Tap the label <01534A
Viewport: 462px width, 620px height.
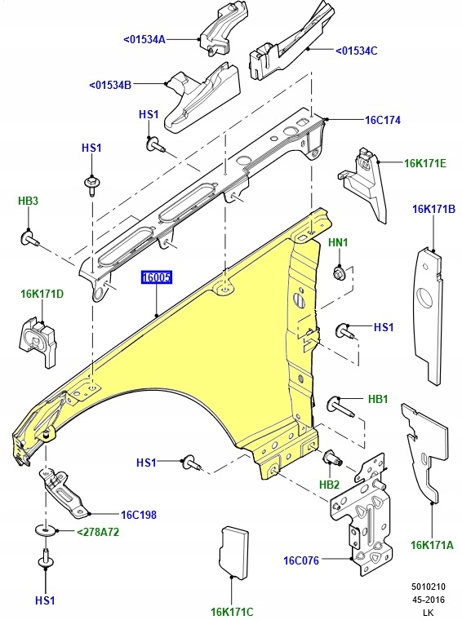[144, 39]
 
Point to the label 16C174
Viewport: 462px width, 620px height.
[382, 120]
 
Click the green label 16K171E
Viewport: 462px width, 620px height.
[425, 163]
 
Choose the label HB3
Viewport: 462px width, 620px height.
[29, 201]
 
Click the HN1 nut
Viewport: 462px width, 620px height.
[339, 272]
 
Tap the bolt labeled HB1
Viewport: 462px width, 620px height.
[340, 404]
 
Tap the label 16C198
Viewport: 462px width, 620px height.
[138, 515]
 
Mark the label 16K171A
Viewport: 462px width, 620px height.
[432, 545]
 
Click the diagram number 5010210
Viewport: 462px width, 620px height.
[429, 587]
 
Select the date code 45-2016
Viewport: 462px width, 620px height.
[429, 598]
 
